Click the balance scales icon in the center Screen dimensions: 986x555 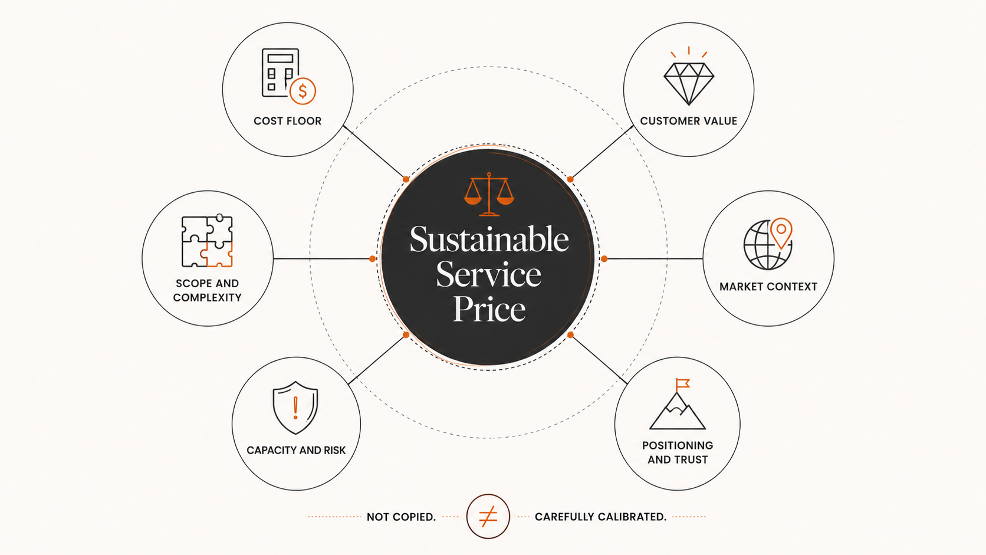489,194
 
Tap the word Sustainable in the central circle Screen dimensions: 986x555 489,240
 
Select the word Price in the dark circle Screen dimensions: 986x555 489,309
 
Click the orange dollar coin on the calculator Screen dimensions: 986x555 303,91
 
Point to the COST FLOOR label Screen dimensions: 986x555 287,121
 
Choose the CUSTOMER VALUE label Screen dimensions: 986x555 688,121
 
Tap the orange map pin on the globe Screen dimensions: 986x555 781,232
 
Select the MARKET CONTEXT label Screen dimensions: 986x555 768,287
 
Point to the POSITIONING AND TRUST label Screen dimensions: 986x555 678,452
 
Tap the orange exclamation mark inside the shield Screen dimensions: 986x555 295,408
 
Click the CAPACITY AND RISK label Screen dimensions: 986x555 296,450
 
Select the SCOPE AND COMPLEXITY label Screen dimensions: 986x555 208,291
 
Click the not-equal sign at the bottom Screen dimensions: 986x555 488,516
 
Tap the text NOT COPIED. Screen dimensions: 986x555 401,517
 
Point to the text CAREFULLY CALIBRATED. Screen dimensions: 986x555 600,517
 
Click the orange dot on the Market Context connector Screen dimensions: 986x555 604,259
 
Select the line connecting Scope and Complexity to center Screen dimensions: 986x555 323,259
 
